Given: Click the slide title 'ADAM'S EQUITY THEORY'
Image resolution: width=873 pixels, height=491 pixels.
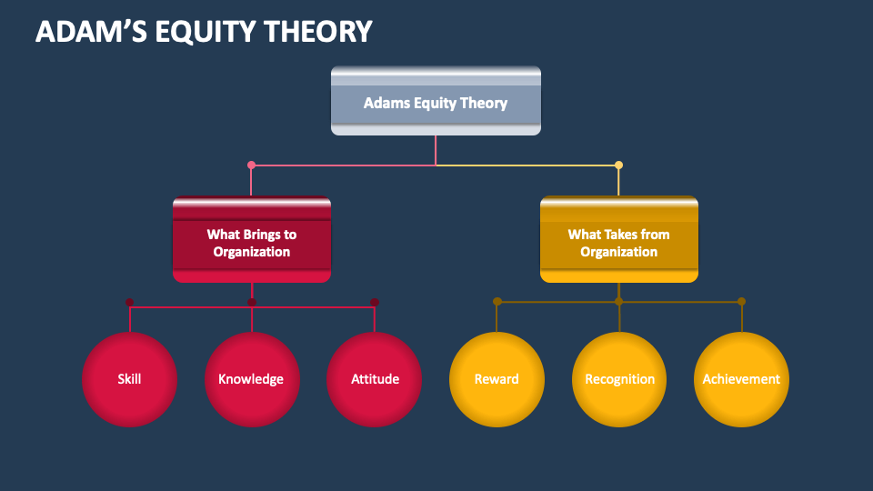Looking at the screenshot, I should tap(204, 31).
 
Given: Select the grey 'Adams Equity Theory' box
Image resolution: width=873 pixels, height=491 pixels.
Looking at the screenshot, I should tap(436, 102).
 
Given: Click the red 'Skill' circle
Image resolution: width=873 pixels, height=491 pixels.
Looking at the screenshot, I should tap(129, 379).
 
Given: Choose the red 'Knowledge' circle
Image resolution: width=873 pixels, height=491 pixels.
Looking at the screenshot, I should tap(251, 379).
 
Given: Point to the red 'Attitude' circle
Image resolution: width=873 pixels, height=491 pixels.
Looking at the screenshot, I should tap(375, 379).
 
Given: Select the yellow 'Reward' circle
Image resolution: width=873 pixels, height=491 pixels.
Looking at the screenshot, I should tap(497, 379).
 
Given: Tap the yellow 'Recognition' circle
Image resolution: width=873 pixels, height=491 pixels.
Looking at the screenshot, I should tap(619, 379).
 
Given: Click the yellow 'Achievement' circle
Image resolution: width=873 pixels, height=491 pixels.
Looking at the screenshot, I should tap(741, 379).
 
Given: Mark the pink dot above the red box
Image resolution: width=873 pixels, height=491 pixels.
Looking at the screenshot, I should tap(252, 165).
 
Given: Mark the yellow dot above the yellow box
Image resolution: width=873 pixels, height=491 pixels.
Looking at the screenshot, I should tap(619, 165).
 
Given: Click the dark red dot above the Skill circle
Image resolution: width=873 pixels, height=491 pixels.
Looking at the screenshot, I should tap(129, 302).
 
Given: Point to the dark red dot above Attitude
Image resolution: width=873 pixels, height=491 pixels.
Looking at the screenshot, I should tap(375, 302).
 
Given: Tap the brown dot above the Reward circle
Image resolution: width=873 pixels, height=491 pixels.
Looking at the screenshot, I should tap(497, 301).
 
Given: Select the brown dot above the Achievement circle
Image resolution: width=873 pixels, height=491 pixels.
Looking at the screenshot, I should tap(741, 301).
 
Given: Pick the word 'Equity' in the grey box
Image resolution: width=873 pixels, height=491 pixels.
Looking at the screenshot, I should tap(436, 103).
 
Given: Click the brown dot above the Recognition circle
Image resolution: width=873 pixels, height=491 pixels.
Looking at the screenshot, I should tap(619, 301).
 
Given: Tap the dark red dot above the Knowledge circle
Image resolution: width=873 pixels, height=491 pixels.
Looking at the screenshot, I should tap(252, 302).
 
